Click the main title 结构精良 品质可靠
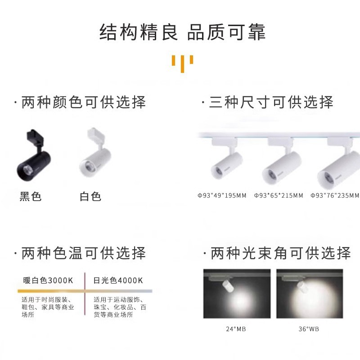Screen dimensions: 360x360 183,32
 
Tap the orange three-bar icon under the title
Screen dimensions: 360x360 183,63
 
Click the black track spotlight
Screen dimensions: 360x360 34,155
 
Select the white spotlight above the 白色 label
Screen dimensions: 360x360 95,152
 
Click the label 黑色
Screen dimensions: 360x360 31,197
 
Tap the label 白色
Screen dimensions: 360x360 90,197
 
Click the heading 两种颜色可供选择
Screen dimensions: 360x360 84,102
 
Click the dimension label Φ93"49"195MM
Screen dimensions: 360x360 222,195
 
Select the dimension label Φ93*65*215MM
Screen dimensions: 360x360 279,195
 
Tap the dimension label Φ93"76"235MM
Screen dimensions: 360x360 335,195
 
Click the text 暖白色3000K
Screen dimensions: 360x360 48,280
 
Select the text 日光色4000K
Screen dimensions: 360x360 118,280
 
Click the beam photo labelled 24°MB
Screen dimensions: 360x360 237,294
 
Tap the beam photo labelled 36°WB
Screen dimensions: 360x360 310,294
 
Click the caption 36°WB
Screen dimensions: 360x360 309,329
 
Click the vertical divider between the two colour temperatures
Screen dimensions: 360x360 85,294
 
